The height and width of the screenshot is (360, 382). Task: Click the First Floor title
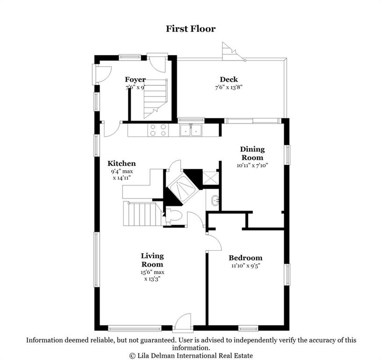(x=191, y=29)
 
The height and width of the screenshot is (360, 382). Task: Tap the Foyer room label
(x=135, y=80)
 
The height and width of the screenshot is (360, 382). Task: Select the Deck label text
(x=229, y=79)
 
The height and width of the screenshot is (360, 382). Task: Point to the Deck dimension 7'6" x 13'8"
(x=229, y=87)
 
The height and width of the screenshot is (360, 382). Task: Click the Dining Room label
(x=252, y=153)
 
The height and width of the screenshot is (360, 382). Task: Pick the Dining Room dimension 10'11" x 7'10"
(x=252, y=165)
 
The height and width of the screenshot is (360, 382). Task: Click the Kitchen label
(x=122, y=164)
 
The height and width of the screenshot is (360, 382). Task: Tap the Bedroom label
(x=246, y=258)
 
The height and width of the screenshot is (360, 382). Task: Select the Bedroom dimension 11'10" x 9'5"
(x=246, y=266)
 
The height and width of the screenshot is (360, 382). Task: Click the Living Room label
(x=152, y=260)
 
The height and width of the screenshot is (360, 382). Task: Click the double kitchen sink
(x=191, y=130)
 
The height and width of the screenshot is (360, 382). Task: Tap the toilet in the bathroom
(x=175, y=216)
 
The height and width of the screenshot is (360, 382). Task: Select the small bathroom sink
(x=215, y=200)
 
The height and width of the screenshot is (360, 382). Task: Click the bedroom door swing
(x=213, y=242)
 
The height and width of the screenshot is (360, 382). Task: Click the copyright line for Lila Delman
(x=191, y=356)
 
